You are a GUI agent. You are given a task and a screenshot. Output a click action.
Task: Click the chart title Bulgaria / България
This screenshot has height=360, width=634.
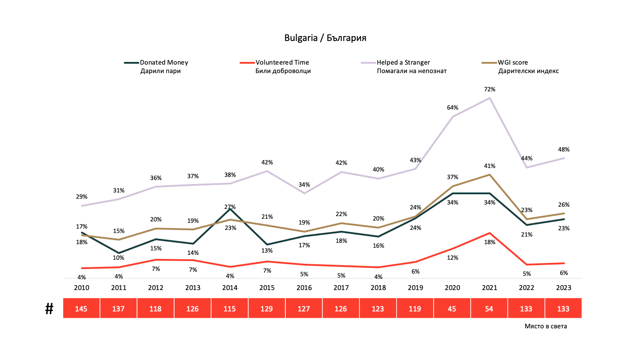(325, 38)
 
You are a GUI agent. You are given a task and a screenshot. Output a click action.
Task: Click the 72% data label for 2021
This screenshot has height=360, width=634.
(490, 90)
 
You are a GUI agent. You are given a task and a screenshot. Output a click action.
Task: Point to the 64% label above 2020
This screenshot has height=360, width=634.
(453, 107)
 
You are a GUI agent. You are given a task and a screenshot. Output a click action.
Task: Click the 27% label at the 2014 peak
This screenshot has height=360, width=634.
(230, 207)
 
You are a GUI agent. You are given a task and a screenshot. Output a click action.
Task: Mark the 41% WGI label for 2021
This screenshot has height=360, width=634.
(490, 166)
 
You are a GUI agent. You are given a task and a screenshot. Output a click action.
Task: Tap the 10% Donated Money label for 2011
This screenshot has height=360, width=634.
(119, 258)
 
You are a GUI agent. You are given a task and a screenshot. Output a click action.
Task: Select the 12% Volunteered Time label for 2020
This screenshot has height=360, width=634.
(453, 258)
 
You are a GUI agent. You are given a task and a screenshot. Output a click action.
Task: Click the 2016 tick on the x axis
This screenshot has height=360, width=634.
(304, 288)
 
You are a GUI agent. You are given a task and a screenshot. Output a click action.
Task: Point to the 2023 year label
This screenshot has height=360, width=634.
(564, 288)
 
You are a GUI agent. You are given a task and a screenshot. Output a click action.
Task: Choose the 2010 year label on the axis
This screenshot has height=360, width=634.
(81, 288)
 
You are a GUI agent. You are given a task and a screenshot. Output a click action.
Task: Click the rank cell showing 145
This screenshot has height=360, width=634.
(81, 309)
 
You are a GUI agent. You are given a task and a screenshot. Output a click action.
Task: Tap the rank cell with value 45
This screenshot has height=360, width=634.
(452, 309)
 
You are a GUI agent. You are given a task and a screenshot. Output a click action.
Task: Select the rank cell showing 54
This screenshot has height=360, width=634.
(489, 309)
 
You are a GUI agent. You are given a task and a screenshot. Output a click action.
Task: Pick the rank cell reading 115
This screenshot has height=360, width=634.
(230, 309)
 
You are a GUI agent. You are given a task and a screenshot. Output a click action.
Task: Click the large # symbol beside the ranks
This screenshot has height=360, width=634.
(49, 309)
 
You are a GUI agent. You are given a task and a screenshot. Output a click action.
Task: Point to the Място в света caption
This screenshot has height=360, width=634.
(546, 327)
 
